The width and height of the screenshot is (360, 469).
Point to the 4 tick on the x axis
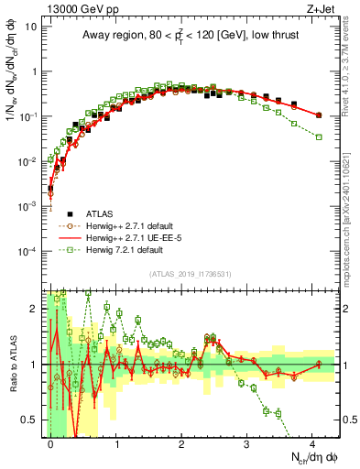point(312,443)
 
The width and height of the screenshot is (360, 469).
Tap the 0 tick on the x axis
point(50,443)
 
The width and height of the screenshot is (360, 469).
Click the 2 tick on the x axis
point(181,443)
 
